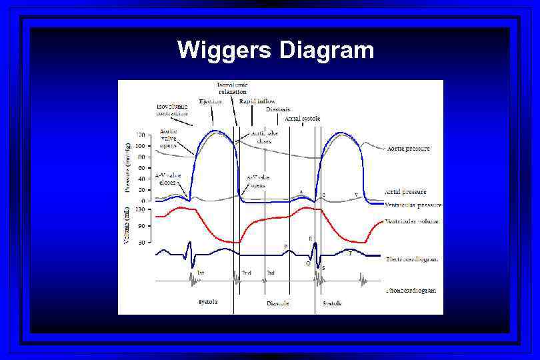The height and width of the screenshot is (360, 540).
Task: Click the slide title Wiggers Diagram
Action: (276, 50)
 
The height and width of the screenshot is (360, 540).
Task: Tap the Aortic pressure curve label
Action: (408, 149)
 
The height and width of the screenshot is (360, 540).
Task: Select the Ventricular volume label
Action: (411, 221)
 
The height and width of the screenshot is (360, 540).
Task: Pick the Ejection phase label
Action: (210, 101)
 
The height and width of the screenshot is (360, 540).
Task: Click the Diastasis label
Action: (278, 109)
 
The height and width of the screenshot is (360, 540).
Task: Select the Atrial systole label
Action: (302, 119)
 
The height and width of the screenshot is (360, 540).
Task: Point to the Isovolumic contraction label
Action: (172, 110)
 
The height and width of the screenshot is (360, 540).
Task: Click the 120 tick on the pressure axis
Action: (141, 135)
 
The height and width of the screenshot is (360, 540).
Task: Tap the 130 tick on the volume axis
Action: (141, 210)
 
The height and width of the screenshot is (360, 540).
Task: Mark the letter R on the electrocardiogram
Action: (310, 238)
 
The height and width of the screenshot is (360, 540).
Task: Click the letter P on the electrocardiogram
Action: (285, 247)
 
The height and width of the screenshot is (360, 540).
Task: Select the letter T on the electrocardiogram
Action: (350, 254)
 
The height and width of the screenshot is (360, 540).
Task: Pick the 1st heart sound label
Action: (201, 273)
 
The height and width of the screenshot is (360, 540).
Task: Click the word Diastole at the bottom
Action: (278, 303)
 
